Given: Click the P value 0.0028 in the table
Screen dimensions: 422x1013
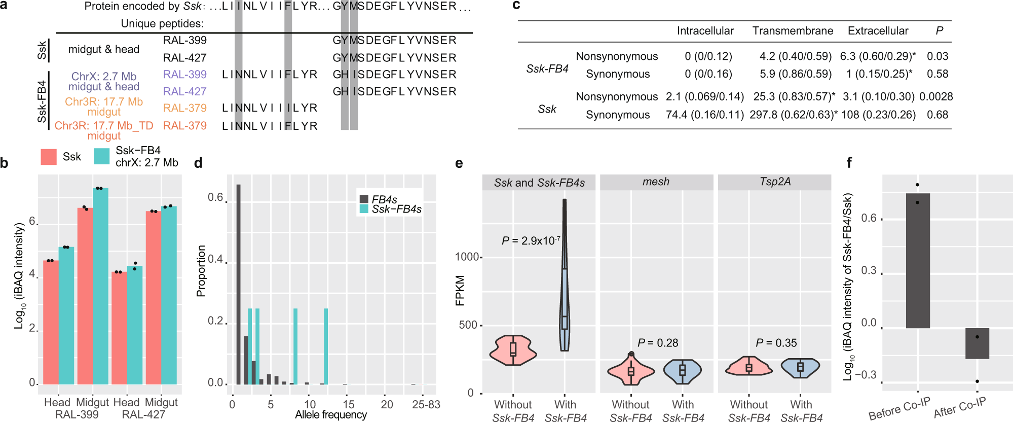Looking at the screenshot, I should (x=936, y=96).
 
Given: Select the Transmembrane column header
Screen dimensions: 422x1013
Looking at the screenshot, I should (x=793, y=31).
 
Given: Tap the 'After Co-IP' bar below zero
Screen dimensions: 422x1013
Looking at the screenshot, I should (x=977, y=343).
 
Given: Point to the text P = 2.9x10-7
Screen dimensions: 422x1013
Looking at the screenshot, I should (x=531, y=240).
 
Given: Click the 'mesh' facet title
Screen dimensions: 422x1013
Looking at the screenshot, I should (x=656, y=182).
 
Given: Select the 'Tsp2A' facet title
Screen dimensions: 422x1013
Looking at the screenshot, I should (x=774, y=182).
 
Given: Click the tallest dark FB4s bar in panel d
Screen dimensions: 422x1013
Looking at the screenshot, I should (x=239, y=284).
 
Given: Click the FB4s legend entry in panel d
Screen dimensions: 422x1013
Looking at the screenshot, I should (x=384, y=199).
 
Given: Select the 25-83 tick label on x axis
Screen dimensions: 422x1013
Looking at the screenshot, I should (x=426, y=404).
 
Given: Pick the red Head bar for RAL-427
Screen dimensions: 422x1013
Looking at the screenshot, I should (x=119, y=328).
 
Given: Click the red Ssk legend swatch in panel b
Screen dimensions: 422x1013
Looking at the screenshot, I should (x=49, y=157).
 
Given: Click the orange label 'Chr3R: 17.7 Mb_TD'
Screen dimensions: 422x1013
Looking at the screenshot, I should (x=104, y=126).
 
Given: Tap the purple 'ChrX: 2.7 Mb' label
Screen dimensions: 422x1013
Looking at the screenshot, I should (x=104, y=77).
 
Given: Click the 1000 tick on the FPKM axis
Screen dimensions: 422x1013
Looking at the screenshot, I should (x=467, y=257).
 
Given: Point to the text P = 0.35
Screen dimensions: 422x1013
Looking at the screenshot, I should (x=776, y=343).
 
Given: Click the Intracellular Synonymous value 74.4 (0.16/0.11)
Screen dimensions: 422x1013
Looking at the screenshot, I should (x=705, y=115).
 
